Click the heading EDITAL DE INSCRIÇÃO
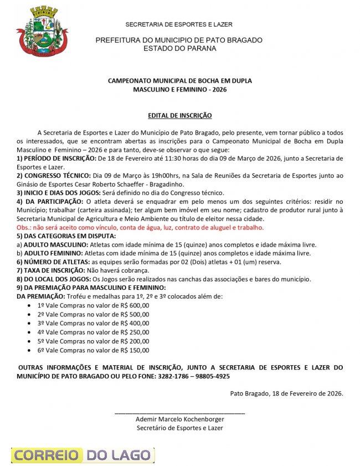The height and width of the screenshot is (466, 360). (179, 115)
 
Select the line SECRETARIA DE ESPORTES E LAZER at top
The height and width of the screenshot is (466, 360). (179, 24)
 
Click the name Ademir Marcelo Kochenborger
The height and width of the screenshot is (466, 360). (179, 419)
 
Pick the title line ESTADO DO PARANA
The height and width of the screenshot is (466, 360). (179, 48)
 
